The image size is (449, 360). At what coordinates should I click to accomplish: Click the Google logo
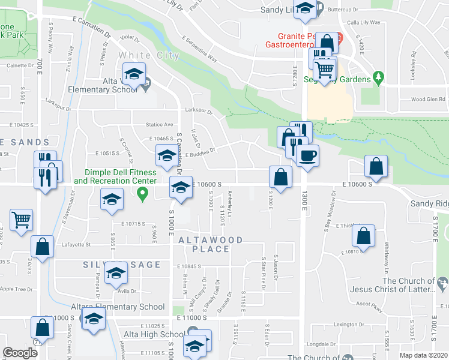point(20,353)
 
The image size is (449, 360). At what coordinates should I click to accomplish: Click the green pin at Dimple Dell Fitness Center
point(142,193)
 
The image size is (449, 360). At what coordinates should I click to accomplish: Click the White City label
point(149,56)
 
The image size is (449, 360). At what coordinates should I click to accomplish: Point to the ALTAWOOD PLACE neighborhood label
point(210,245)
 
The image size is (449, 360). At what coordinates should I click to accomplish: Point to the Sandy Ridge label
point(429,204)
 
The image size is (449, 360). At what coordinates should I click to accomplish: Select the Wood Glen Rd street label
point(426,100)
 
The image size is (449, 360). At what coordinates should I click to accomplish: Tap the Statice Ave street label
point(159,125)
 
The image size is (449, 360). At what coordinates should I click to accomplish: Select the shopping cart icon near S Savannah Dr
point(21,220)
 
